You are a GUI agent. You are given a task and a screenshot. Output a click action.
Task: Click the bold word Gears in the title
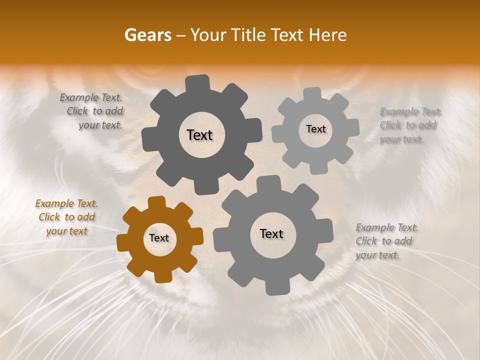coord(147,35)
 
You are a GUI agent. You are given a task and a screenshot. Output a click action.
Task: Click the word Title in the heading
coord(250,35)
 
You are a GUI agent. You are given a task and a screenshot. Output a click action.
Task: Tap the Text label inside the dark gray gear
coord(199,135)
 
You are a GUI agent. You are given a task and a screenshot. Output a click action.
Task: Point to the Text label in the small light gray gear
coord(315,129)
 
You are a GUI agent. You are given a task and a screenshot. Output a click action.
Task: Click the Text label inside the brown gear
coord(159,238)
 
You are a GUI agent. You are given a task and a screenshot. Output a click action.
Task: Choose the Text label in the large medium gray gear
coord(271,233)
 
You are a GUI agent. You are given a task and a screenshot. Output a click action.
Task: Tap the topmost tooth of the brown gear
coord(157,201)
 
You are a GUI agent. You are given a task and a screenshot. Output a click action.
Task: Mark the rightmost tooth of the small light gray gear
coord(353,128)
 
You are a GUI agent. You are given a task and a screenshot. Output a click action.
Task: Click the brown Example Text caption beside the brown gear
coord(66,217)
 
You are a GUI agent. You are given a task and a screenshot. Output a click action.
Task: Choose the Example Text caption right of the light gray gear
coord(408,125)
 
